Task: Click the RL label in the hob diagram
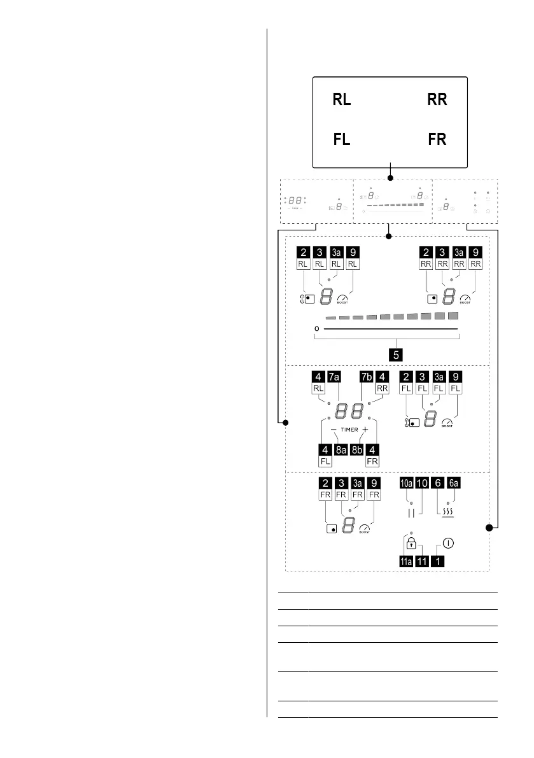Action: click(342, 100)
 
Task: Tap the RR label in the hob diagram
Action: click(437, 100)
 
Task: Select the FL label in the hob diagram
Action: click(342, 139)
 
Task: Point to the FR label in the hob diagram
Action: click(437, 139)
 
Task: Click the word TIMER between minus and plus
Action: click(349, 430)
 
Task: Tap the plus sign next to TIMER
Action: click(365, 430)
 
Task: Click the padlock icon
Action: click(412, 544)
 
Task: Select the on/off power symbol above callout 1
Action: click(448, 544)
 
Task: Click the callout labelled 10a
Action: click(405, 483)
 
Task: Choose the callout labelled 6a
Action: click(454, 483)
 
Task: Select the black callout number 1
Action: click(439, 561)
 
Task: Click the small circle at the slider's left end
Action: click(317, 328)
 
